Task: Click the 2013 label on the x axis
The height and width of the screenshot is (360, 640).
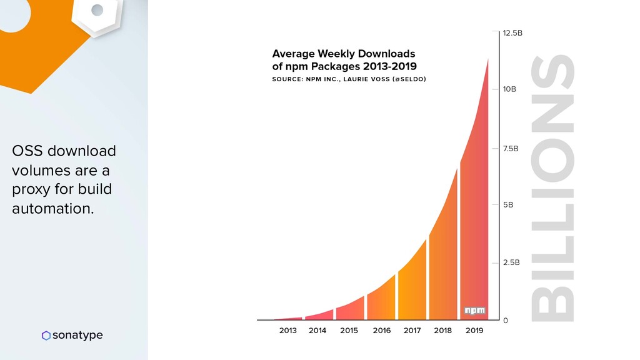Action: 288,331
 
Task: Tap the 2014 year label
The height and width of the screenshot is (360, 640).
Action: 317,331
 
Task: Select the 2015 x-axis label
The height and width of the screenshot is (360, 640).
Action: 349,331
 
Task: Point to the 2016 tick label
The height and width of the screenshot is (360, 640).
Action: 381,331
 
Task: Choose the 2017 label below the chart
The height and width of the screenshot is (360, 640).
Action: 412,331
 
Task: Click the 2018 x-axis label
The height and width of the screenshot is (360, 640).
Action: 442,331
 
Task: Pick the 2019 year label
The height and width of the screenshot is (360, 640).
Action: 474,331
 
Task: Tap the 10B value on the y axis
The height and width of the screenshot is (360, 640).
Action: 509,89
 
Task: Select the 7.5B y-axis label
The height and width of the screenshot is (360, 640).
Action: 511,149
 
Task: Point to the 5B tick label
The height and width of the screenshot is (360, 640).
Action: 507,204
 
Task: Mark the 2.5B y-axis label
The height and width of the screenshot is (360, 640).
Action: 511,262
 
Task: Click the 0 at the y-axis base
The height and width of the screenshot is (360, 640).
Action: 505,321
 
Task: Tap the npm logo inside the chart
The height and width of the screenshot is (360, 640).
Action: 473,311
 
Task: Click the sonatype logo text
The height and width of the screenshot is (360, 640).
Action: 77,336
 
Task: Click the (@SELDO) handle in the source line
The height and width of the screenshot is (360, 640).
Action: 408,79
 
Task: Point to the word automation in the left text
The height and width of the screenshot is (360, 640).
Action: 52,209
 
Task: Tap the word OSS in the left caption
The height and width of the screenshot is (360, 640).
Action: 26,151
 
